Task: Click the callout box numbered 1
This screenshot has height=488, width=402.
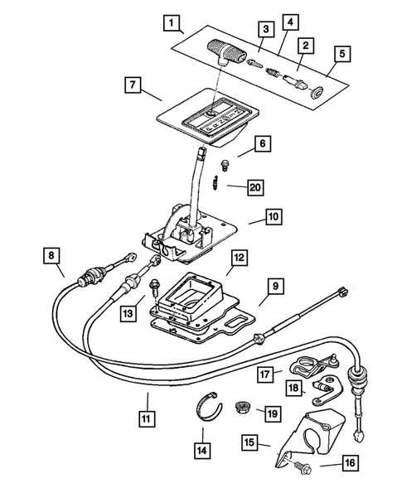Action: point(171,23)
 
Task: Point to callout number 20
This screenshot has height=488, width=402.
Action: point(254,187)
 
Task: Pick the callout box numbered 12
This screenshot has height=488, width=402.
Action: point(238,258)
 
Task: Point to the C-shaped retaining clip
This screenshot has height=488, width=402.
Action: point(211,411)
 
